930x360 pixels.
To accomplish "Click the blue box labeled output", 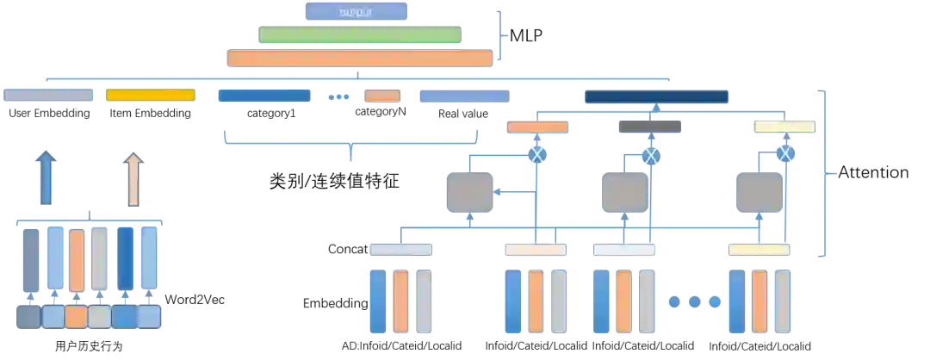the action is (x=356, y=10).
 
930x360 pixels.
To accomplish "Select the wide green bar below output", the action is (x=358, y=34).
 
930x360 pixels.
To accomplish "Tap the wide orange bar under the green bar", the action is (x=358, y=59).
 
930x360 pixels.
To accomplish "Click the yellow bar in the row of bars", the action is (x=151, y=95).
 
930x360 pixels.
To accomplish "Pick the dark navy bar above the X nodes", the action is (x=656, y=97).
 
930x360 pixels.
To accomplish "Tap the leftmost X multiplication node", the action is (x=537, y=154).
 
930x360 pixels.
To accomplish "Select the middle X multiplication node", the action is (x=651, y=154).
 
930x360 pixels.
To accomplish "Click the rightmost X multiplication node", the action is (x=784, y=154).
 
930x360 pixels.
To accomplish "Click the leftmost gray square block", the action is (x=469, y=193).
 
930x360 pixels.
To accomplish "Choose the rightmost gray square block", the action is (x=757, y=193).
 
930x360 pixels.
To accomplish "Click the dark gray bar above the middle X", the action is (x=648, y=127).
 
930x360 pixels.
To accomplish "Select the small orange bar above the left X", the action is (x=537, y=127).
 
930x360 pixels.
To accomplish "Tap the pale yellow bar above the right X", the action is (x=784, y=127).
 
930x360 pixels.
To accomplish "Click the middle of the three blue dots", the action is (x=694, y=301).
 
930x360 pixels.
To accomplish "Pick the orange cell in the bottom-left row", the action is (x=77, y=318).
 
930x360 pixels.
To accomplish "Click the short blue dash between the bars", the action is (x=338, y=96).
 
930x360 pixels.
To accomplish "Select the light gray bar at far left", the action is (x=49, y=95).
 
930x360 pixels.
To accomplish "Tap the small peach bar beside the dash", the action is (x=382, y=96).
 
